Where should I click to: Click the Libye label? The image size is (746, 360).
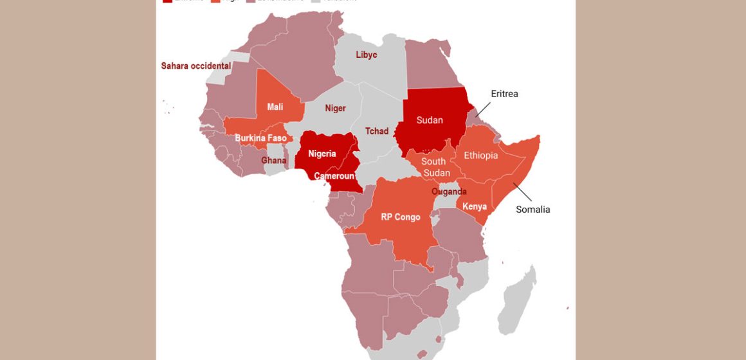(367, 55)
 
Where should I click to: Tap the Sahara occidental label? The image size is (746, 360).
(196, 66)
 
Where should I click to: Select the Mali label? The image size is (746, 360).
(275, 107)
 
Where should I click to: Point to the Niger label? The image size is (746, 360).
(335, 108)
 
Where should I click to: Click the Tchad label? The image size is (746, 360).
(377, 131)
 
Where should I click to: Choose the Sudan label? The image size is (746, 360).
(430, 120)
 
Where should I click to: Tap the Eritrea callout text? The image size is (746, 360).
(504, 94)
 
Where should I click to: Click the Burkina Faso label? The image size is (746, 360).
(260, 138)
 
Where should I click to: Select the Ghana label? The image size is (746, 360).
(274, 160)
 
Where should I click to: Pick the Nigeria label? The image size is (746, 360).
(322, 154)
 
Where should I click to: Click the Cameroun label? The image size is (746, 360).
(334, 176)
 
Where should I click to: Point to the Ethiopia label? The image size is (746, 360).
(480, 156)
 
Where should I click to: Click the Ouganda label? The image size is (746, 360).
(449, 192)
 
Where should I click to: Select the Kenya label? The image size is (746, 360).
(475, 206)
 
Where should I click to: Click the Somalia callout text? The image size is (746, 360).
(533, 210)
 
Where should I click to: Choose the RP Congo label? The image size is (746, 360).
(400, 217)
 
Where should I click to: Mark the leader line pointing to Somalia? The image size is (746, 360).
(522, 192)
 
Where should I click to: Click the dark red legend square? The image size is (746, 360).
(167, 1)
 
